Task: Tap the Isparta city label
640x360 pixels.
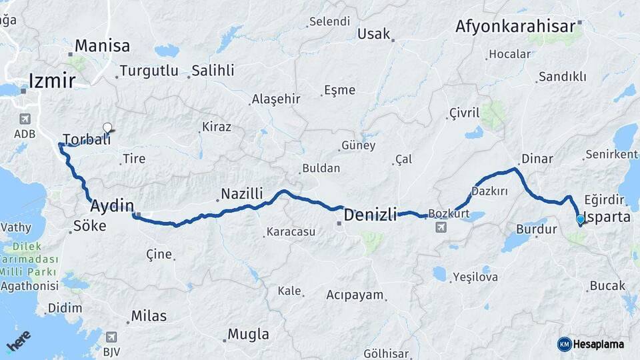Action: pyautogui.click(x=607, y=217)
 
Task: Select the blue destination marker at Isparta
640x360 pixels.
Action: pyautogui.click(x=580, y=219)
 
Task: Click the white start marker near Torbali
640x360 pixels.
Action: pyautogui.click(x=107, y=127)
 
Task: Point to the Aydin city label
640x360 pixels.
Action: pyautogui.click(x=112, y=205)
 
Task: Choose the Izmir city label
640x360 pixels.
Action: pyautogui.click(x=51, y=81)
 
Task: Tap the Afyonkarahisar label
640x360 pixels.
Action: pyautogui.click(x=515, y=27)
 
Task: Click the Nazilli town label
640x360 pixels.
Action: pyautogui.click(x=242, y=193)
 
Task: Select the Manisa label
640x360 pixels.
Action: pyautogui.click(x=102, y=46)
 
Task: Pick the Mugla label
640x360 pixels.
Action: pyautogui.click(x=248, y=334)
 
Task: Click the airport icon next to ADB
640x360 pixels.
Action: pyautogui.click(x=25, y=119)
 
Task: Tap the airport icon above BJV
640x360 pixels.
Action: pyautogui.click(x=111, y=337)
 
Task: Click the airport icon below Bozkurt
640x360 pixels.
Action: pyautogui.click(x=440, y=228)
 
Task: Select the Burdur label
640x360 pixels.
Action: pyautogui.click(x=537, y=229)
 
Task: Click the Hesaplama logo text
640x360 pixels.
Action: pyautogui.click(x=599, y=344)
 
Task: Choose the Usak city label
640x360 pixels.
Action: pyautogui.click(x=373, y=33)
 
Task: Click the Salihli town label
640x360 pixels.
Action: pyautogui.click(x=213, y=71)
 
